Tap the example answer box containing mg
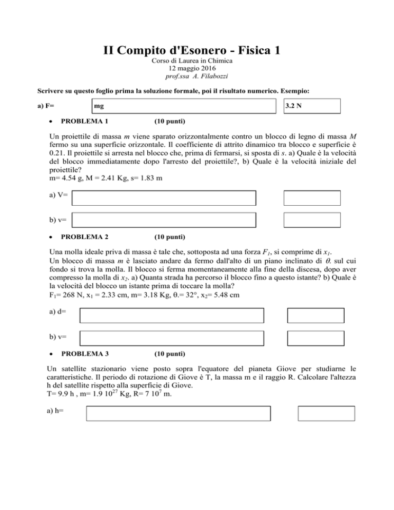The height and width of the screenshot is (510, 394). click(x=182, y=106)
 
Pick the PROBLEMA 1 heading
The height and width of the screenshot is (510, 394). click(x=85, y=122)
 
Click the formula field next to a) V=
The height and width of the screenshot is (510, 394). click(x=164, y=198)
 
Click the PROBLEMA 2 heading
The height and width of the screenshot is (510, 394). click(x=85, y=237)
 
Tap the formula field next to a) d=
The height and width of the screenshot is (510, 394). click(x=172, y=315)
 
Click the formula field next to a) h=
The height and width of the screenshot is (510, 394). click(x=179, y=414)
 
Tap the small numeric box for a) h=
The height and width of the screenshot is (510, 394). click(x=326, y=414)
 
